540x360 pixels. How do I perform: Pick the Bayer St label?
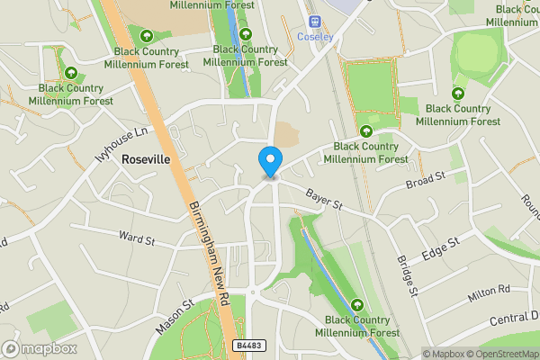(324, 199)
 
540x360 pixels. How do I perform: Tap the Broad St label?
(425, 183)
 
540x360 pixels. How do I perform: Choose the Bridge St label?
(407, 274)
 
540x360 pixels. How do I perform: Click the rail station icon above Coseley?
(314, 21)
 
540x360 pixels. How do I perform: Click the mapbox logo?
(40, 348)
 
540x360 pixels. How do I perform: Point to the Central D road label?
(514, 317)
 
